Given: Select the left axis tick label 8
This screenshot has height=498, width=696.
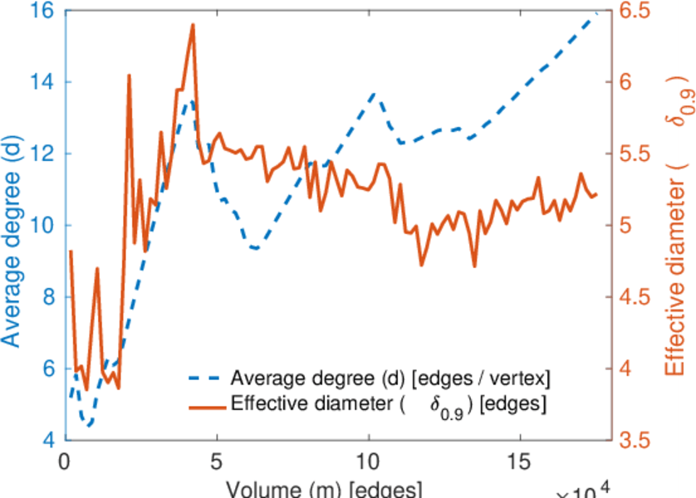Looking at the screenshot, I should [x=47, y=297].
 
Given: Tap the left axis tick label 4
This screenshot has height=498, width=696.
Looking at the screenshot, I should [x=47, y=439].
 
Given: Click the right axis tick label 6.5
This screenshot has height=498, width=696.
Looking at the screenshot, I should [x=634, y=12].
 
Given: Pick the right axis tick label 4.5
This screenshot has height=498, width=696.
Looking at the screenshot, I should [x=634, y=297].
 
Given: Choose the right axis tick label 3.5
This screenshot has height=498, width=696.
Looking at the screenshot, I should [x=634, y=439].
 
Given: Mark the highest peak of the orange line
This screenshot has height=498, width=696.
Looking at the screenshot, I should [x=193, y=25].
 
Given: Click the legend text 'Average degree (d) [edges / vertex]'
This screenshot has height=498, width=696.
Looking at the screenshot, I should [x=391, y=378].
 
